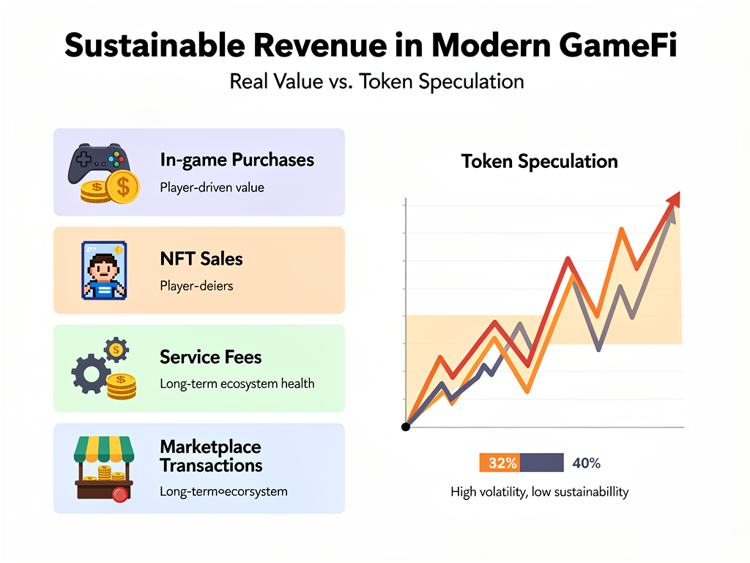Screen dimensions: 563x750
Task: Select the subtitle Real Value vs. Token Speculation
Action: pyautogui.click(x=376, y=81)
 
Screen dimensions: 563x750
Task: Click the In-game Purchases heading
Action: pyautogui.click(x=237, y=160)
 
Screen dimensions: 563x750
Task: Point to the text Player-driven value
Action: pyautogui.click(x=212, y=187)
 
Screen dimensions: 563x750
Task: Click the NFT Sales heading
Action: pyautogui.click(x=201, y=259)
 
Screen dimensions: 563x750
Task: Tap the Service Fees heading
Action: pyautogui.click(x=210, y=357)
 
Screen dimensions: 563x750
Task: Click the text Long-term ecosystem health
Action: pyautogui.click(x=237, y=383)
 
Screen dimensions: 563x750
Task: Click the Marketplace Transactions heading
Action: pyautogui.click(x=210, y=456)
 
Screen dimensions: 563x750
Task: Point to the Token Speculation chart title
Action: pyautogui.click(x=539, y=161)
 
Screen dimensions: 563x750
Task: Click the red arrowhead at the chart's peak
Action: pyautogui.click(x=673, y=199)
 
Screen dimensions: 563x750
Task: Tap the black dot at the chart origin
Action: pyautogui.click(x=406, y=427)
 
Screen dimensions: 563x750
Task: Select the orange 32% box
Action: pyautogui.click(x=500, y=463)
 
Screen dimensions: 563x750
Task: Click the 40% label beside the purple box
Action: pyautogui.click(x=586, y=463)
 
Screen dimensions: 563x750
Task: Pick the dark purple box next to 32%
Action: pyautogui.click(x=541, y=463)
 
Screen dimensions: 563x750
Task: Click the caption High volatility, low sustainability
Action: pyautogui.click(x=539, y=491)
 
